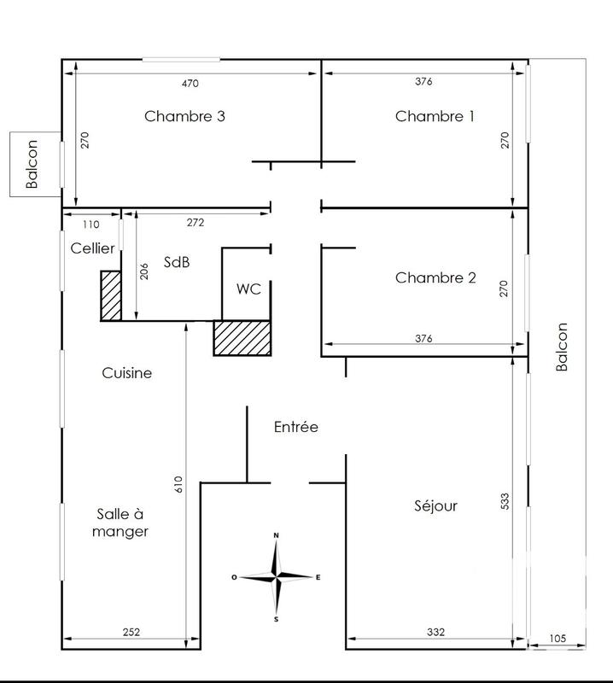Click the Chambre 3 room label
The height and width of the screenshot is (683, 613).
(x=184, y=116)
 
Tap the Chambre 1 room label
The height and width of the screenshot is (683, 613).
(x=435, y=116)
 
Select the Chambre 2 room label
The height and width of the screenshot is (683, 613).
(x=435, y=277)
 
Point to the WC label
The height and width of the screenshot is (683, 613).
(x=248, y=288)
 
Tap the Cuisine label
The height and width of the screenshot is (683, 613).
(x=126, y=373)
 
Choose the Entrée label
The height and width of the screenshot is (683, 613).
(x=296, y=426)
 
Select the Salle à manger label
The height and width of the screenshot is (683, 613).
(x=123, y=522)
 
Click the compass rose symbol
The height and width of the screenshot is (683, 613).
(x=276, y=577)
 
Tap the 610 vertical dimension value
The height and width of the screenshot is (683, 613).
(x=178, y=484)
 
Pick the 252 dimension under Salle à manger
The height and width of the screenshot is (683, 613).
(x=130, y=632)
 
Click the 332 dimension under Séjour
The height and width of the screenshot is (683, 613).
(x=435, y=632)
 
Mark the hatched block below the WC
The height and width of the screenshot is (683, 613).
(x=242, y=337)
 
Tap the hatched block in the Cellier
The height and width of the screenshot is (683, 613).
(x=110, y=296)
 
